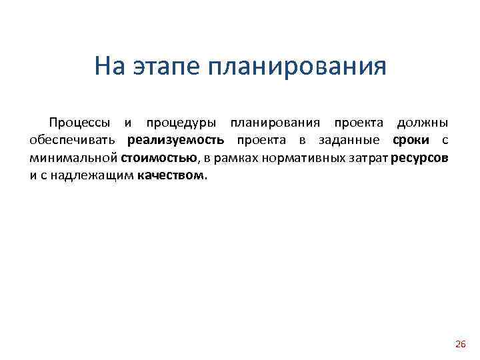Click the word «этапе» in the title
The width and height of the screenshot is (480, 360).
coord(161,67)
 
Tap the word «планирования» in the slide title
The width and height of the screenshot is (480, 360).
coord(297,67)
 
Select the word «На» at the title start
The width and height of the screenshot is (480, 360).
coord(109,67)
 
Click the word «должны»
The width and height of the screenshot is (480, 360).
coord(423,123)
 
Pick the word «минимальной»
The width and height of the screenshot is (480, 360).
coord(73,159)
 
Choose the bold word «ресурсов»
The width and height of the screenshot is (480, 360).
coord(421,159)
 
